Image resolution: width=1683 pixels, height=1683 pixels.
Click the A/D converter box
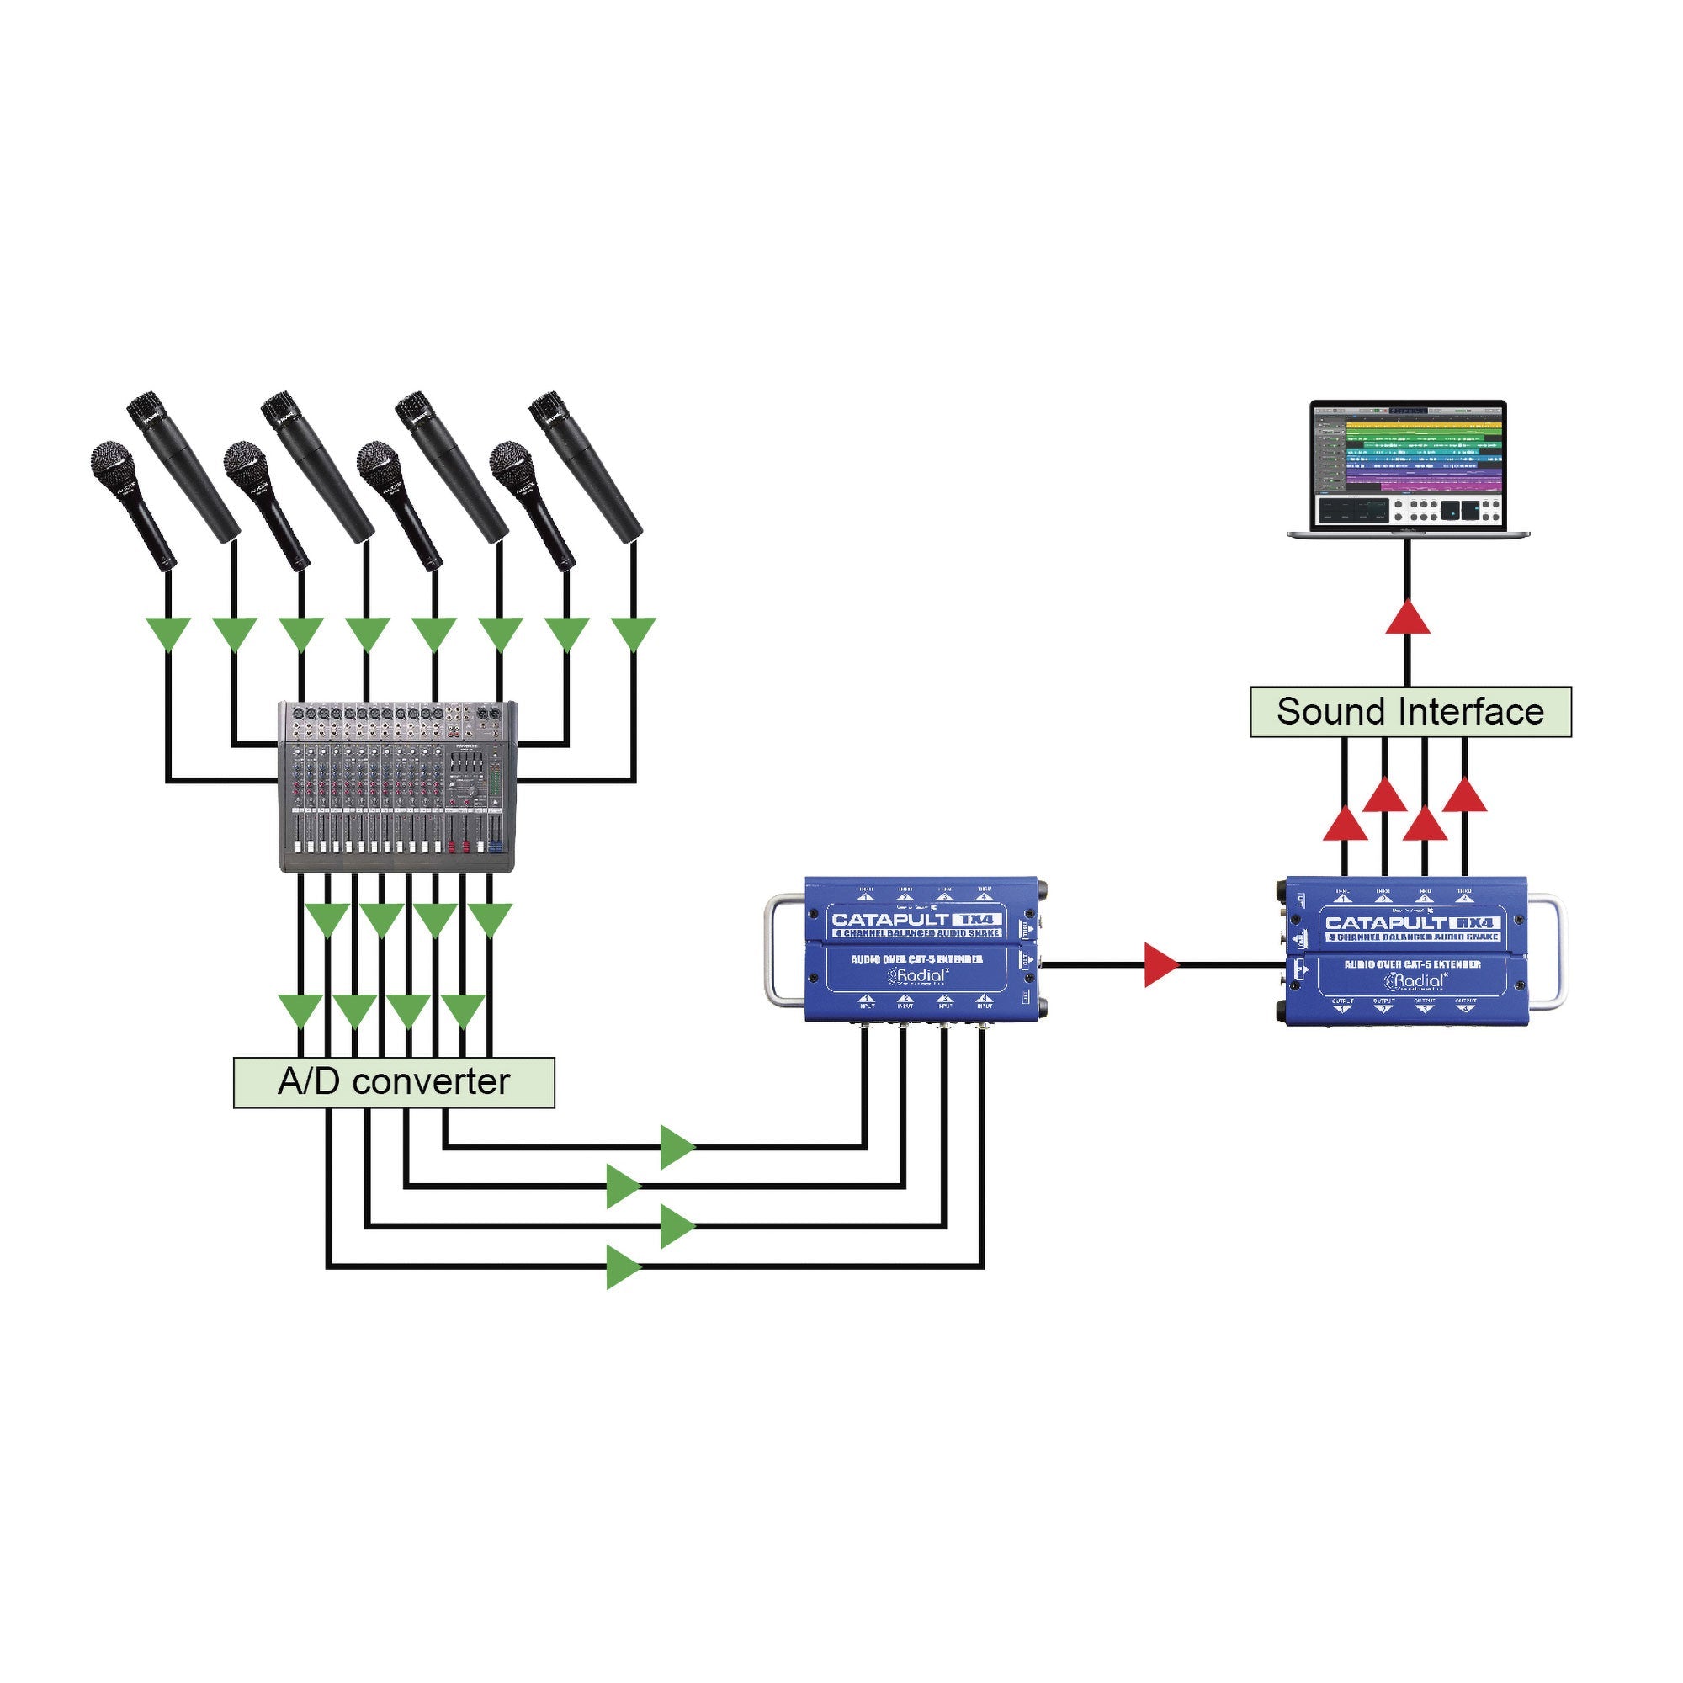click(394, 1083)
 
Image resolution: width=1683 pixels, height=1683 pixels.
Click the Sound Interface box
click(1410, 712)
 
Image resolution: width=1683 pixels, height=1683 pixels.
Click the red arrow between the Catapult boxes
click(1160, 964)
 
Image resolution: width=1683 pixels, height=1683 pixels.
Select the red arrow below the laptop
click(1408, 618)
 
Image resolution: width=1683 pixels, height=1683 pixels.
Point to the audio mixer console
click(397, 786)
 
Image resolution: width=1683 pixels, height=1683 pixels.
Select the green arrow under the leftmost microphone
click(167, 633)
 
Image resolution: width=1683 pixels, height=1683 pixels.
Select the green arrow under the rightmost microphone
click(634, 633)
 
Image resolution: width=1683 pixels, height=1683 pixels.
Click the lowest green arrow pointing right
click(622, 1266)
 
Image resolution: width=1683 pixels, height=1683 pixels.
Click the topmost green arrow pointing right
click(676, 1146)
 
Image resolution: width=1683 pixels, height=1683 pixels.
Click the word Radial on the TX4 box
click(921, 975)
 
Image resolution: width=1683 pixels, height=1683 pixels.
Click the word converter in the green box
click(430, 1083)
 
